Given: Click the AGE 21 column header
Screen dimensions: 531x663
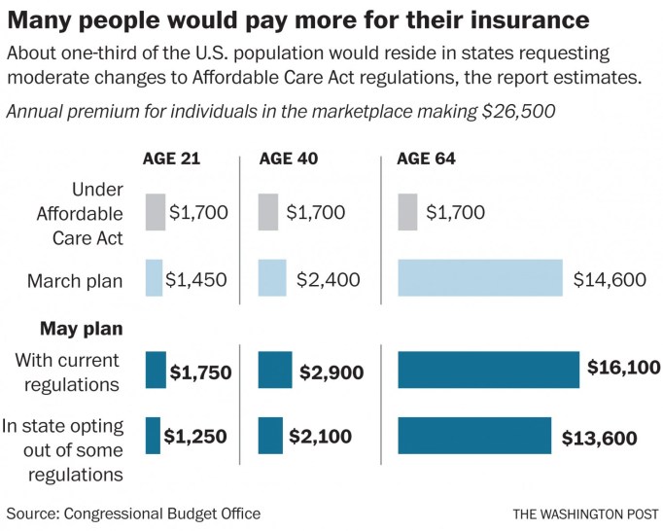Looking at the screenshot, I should pos(171,160).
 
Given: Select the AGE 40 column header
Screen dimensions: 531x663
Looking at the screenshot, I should pos(288,160).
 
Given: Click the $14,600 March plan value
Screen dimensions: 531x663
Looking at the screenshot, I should pos(610,280).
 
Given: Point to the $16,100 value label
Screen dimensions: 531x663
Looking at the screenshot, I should pos(624,368).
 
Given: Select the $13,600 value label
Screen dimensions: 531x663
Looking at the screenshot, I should pos(600,438).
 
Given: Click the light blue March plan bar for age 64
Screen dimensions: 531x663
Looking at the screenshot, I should pos(480,278).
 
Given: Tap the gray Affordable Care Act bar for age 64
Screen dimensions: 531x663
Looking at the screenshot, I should pos(408,212).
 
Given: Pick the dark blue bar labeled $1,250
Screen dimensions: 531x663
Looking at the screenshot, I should pos(153,436).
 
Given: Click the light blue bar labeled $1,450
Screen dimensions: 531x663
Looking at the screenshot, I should pos(154,278).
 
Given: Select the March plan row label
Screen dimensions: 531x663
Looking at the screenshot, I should pos(83,281).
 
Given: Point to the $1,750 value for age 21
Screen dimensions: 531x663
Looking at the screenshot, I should pos(202,372).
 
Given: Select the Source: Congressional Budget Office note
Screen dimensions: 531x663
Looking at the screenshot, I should pos(133,513).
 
